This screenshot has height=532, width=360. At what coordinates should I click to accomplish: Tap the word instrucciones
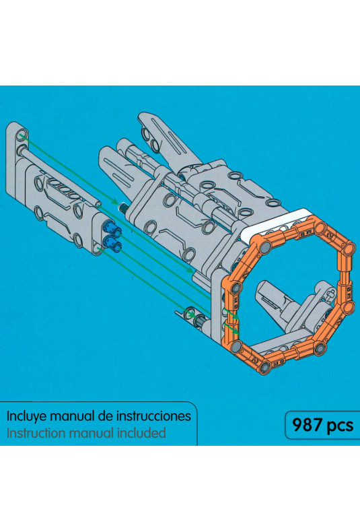153,416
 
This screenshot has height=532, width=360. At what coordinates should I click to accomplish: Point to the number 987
308,425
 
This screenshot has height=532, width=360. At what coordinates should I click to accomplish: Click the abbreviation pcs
340,426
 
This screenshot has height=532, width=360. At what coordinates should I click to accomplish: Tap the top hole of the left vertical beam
21,134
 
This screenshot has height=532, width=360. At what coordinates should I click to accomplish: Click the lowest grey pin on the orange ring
264,367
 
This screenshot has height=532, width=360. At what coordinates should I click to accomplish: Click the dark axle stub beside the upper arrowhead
123,207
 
